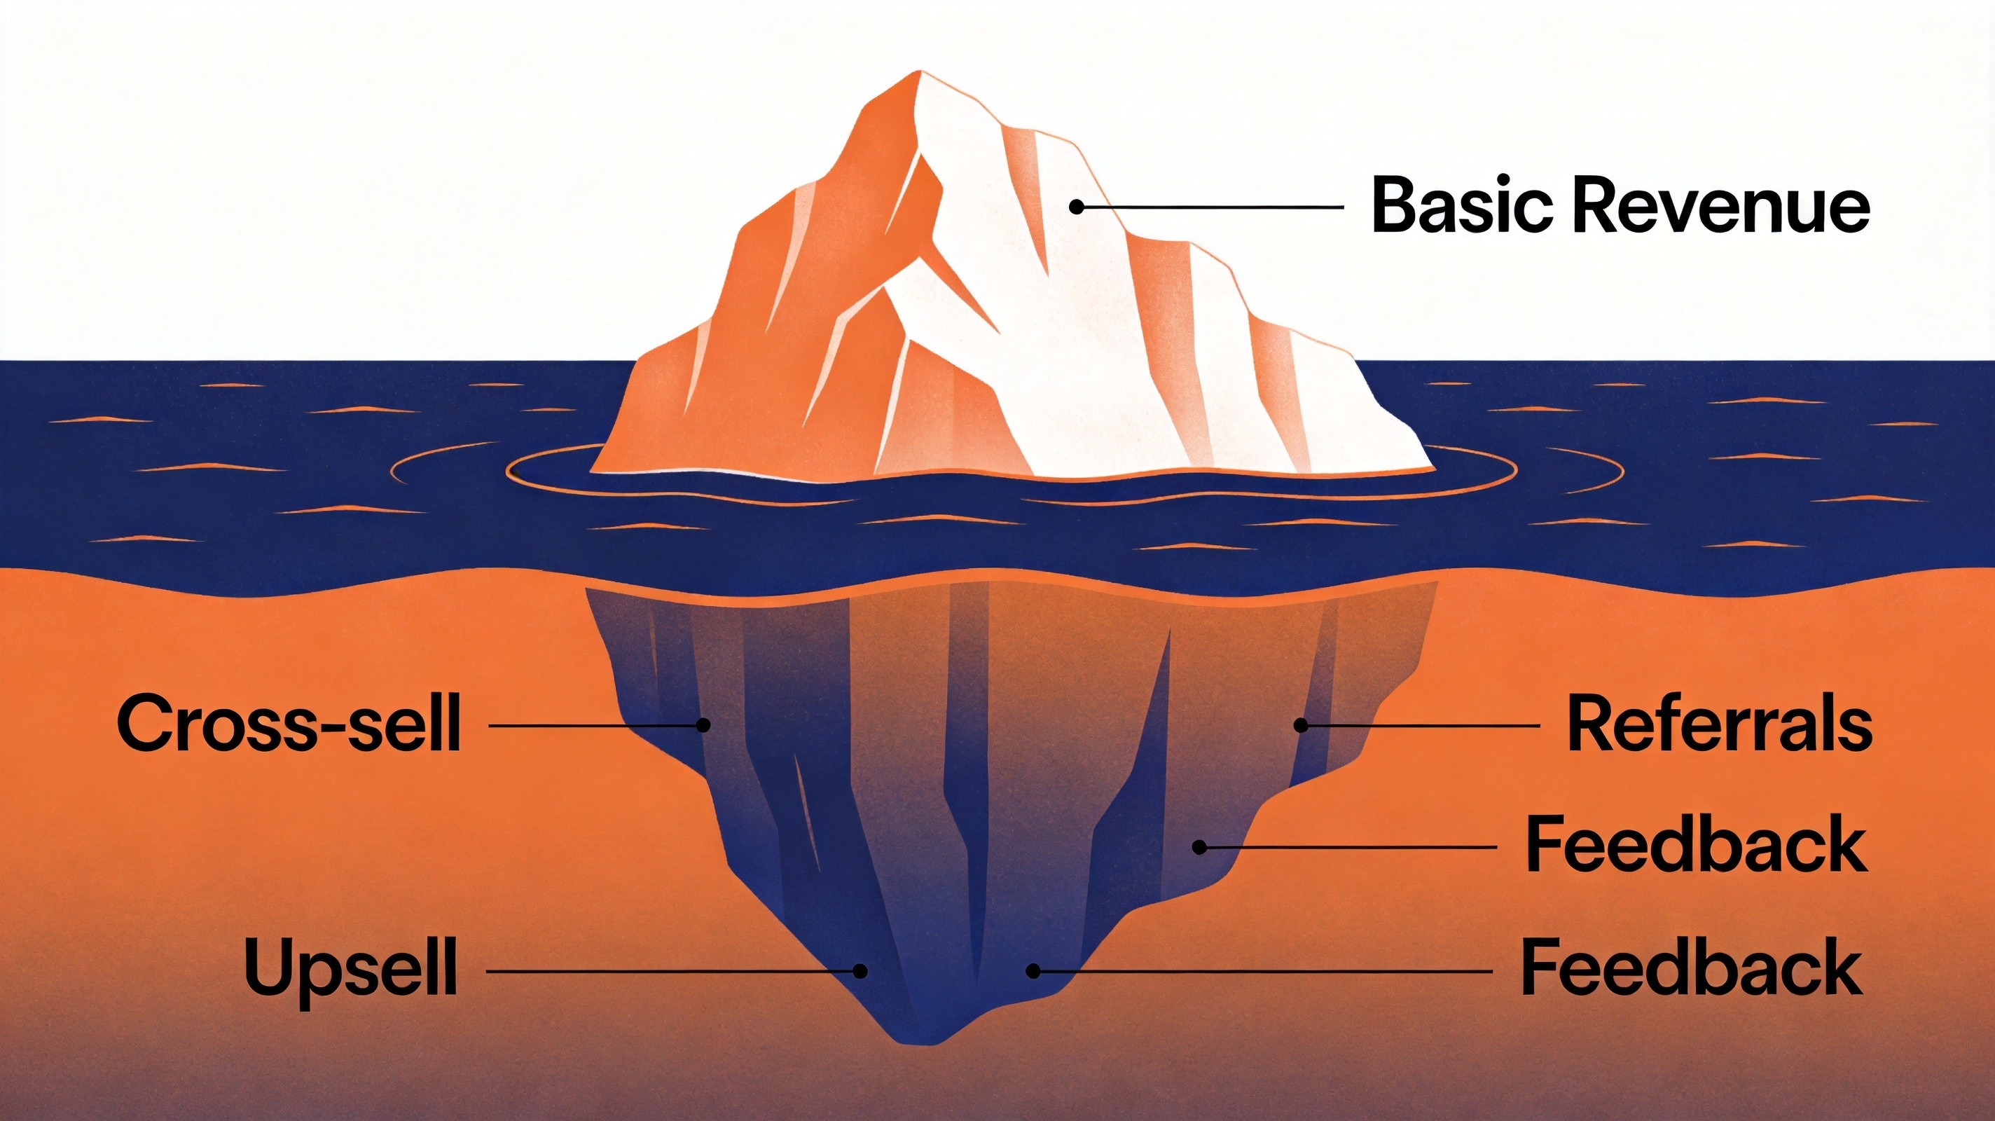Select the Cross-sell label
(288, 724)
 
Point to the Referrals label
(1719, 724)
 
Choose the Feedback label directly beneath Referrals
(1696, 847)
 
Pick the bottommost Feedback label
(1692, 968)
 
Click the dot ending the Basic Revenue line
(1076, 206)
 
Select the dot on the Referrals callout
(1302, 726)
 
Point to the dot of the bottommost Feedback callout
(1032, 970)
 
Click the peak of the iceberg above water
(922, 72)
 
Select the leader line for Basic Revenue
(1209, 206)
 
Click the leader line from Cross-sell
(596, 726)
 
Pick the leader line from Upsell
(673, 970)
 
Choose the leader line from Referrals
(1421, 726)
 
